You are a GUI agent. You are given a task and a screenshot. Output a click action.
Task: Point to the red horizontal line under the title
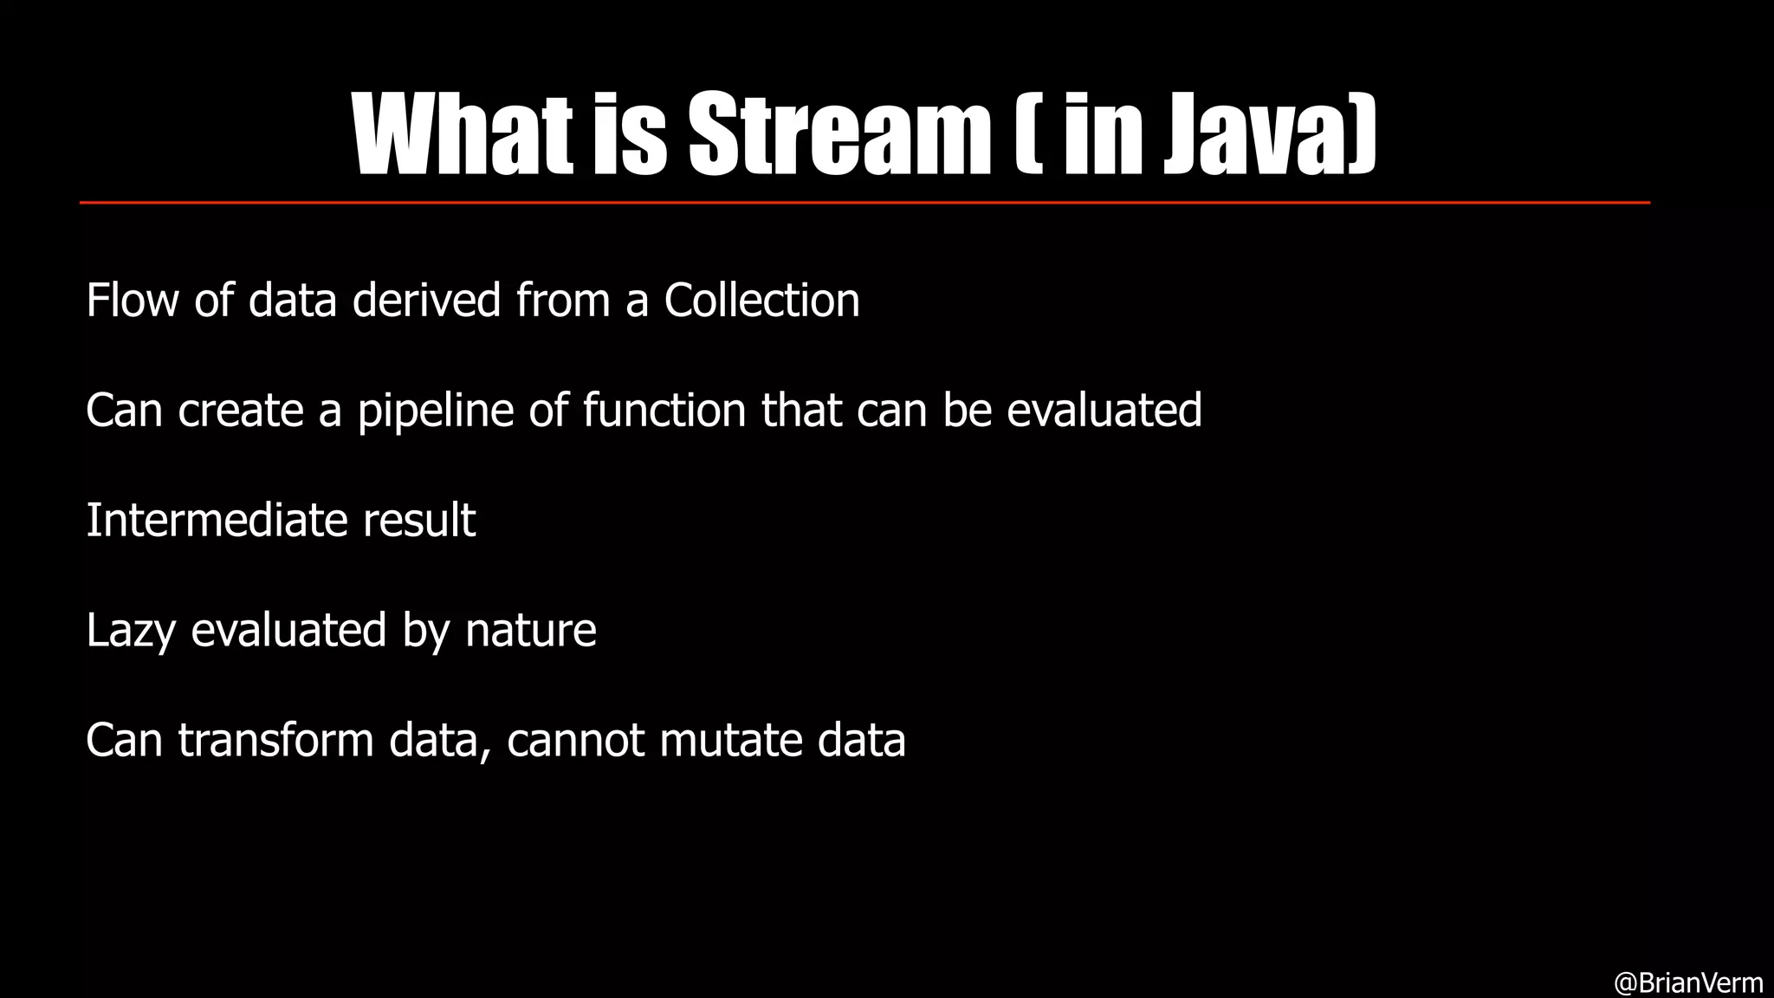click(x=864, y=203)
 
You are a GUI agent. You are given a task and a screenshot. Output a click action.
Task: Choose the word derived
click(x=426, y=301)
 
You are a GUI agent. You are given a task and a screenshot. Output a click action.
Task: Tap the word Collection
click(x=761, y=301)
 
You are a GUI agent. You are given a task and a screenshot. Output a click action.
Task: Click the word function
click(x=664, y=411)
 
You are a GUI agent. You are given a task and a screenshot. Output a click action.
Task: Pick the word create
click(x=241, y=411)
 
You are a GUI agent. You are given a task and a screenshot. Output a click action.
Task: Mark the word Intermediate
click(x=217, y=521)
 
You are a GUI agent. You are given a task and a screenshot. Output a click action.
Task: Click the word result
click(x=419, y=521)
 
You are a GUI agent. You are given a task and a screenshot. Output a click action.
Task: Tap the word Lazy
click(x=131, y=631)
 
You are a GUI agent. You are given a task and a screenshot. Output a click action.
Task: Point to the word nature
click(x=530, y=631)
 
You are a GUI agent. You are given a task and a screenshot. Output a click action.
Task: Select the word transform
click(x=275, y=741)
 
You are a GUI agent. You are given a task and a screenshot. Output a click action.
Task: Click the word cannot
click(x=575, y=741)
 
